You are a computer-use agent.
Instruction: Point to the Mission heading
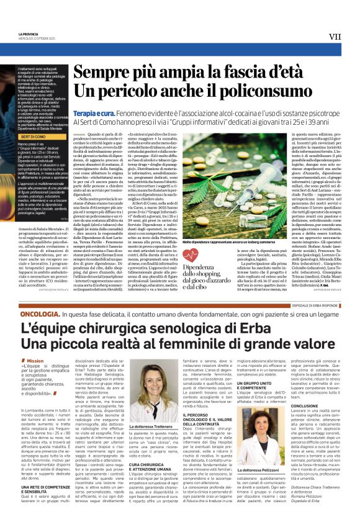click(35, 360)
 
